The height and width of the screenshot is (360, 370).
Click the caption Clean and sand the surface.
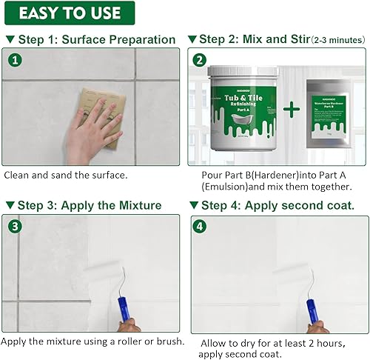coord(65,176)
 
